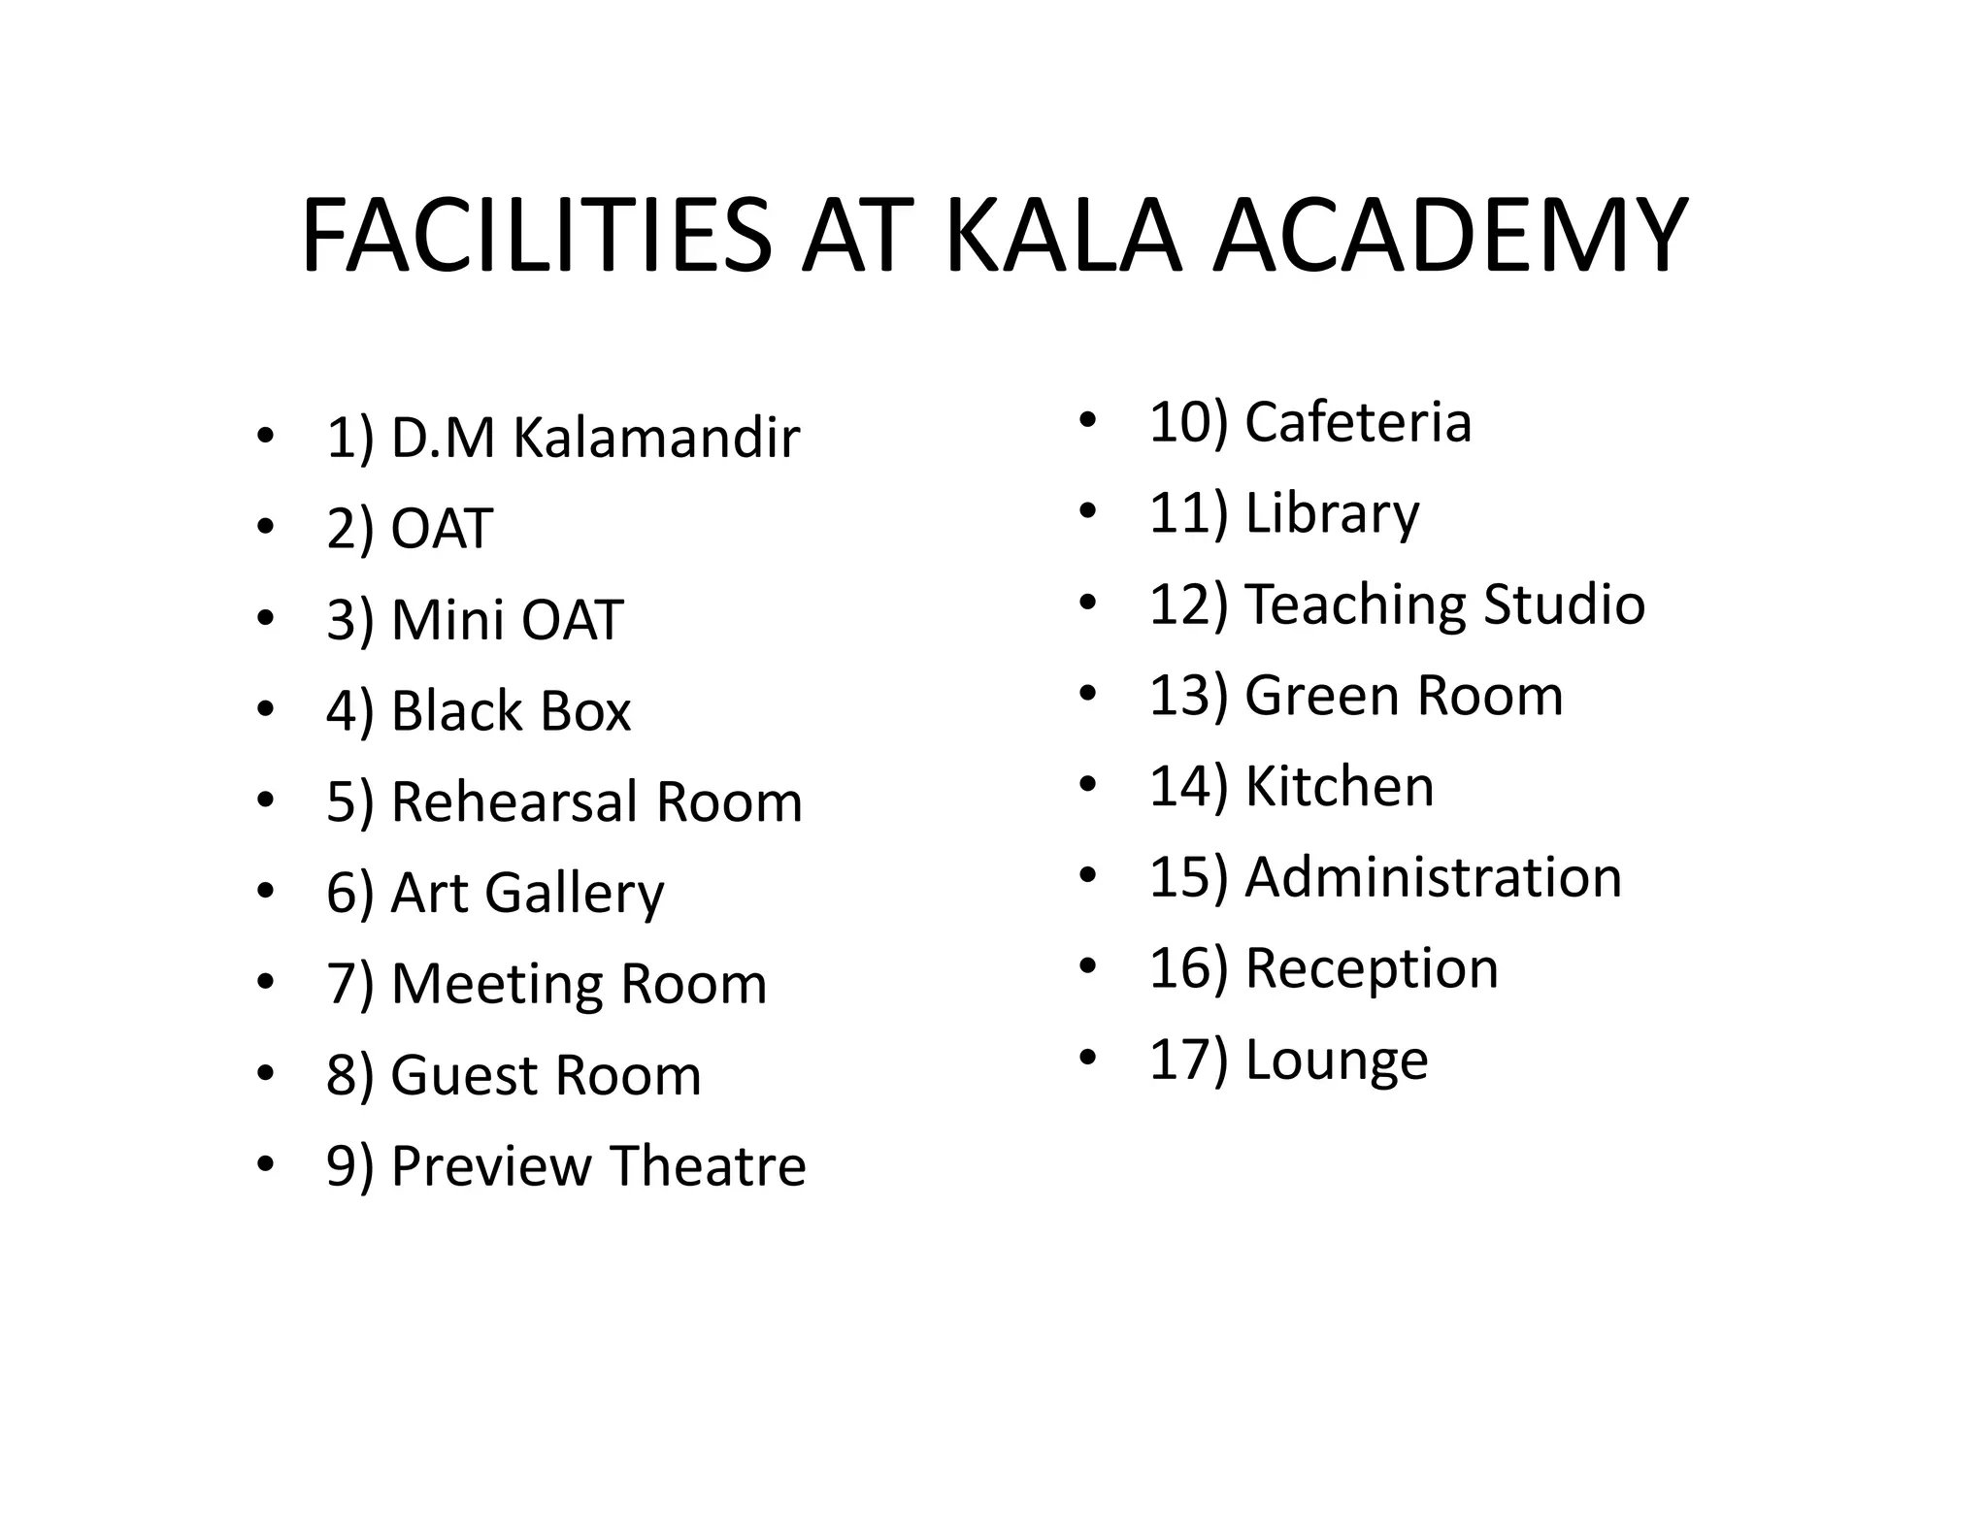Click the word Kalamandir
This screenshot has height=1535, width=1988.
pyautogui.click(x=655, y=438)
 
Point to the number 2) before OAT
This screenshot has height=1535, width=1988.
pyautogui.click(x=350, y=530)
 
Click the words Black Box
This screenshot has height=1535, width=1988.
pyautogui.click(x=511, y=711)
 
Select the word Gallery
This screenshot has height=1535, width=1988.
pyautogui.click(x=575, y=894)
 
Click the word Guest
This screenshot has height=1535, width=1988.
pyautogui.click(x=463, y=1075)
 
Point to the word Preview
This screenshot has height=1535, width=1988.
pyautogui.click(x=490, y=1166)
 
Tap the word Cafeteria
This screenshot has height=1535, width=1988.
pyautogui.click(x=1358, y=422)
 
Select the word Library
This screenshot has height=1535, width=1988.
pyautogui.click(x=1332, y=513)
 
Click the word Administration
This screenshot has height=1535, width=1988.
pyautogui.click(x=1433, y=877)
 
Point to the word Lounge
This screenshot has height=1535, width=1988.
pyautogui.click(x=1336, y=1060)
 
